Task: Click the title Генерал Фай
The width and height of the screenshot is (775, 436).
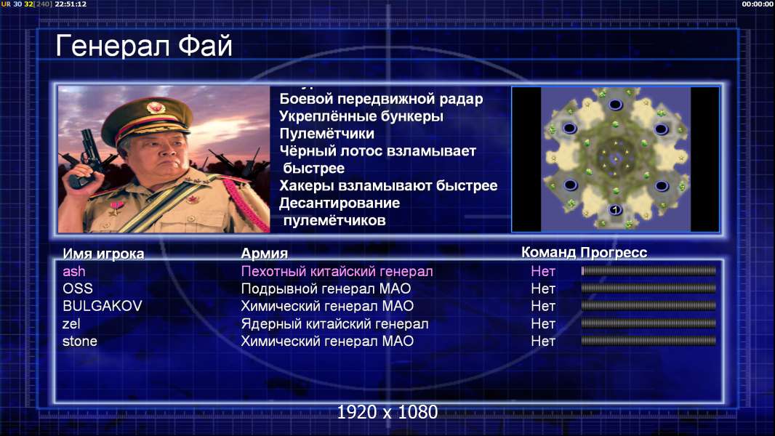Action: click(144, 46)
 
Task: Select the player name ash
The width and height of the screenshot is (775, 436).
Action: click(73, 271)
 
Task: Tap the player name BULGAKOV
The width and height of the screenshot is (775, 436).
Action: click(103, 306)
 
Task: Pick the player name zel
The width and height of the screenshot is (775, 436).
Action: click(71, 324)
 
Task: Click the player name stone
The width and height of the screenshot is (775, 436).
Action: click(79, 342)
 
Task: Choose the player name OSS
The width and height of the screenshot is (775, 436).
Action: click(78, 288)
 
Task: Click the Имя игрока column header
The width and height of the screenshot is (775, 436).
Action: click(103, 254)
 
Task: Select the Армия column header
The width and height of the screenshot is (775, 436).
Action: click(265, 254)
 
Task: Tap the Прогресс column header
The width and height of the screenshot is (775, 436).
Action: click(614, 252)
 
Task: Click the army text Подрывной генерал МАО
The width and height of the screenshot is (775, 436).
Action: click(326, 289)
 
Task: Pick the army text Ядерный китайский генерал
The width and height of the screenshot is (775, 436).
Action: click(334, 324)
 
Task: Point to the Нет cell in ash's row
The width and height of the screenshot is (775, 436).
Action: click(543, 271)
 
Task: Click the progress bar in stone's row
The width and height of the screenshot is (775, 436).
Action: click(648, 341)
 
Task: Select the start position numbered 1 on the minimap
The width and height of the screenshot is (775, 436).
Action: click(615, 210)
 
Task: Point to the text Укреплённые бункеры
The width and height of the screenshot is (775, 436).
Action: click(361, 116)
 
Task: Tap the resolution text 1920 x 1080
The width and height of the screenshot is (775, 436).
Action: click(387, 412)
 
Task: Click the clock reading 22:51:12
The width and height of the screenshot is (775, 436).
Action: click(71, 4)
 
